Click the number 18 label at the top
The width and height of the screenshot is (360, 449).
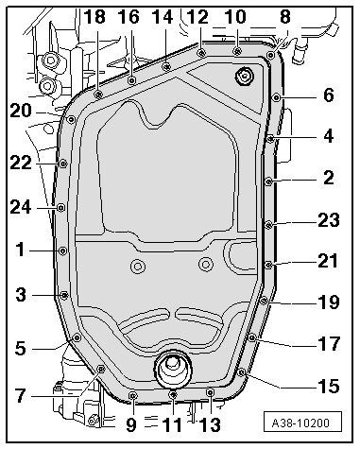(x=94, y=16)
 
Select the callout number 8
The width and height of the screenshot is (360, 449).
(x=284, y=16)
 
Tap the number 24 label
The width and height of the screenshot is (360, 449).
(x=21, y=207)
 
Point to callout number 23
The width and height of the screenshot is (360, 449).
(x=329, y=219)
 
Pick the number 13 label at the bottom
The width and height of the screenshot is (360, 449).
(x=210, y=424)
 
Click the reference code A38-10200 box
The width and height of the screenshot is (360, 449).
(x=302, y=423)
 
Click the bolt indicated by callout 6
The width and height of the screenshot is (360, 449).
(x=276, y=97)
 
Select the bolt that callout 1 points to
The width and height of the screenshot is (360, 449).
(x=63, y=250)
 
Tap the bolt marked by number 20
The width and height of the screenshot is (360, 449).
(x=72, y=119)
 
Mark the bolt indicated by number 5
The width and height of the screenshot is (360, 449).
(x=77, y=338)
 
